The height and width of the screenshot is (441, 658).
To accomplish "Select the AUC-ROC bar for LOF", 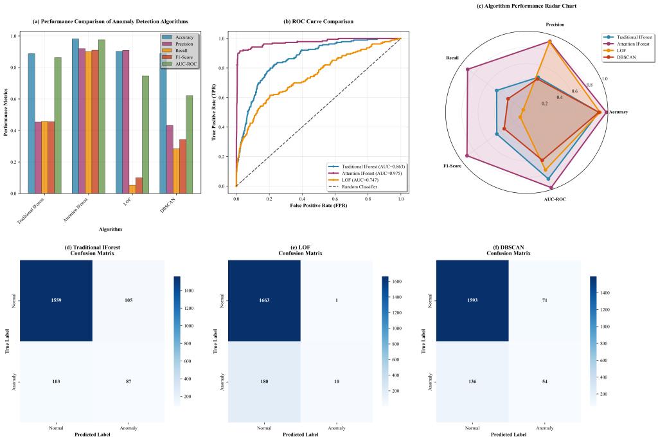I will click(x=146, y=134).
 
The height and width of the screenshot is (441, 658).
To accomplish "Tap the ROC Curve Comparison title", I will click(x=318, y=22).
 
